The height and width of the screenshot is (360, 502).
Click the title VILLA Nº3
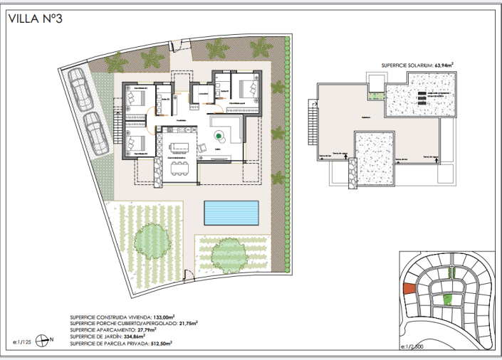tap(36, 19)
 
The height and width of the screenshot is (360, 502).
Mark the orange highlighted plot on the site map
tap(408, 289)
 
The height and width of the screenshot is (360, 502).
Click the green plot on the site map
tap(446, 300)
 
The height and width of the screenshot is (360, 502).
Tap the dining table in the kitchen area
tap(179, 167)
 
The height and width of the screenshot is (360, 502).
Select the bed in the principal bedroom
tap(249, 90)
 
